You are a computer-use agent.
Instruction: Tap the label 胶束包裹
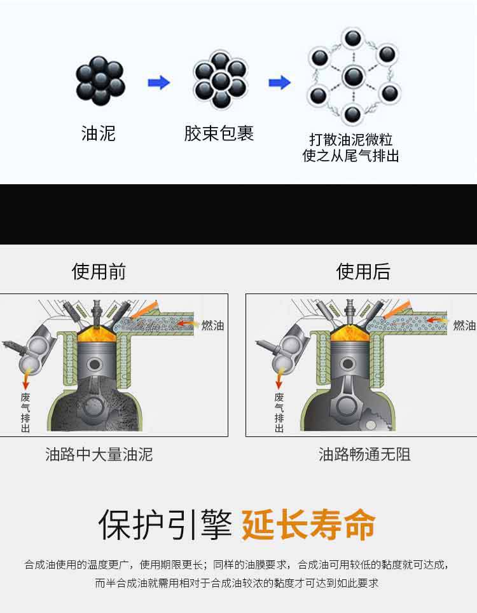point(219,133)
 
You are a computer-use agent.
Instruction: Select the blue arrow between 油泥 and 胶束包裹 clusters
point(158,83)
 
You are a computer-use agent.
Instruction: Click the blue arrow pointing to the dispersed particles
point(279,83)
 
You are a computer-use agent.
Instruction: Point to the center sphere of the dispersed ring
point(354,77)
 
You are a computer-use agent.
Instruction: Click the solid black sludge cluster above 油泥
point(100,81)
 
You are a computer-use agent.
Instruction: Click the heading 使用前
point(99,272)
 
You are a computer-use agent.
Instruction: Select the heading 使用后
point(363,272)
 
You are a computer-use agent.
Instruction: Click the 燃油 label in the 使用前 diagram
point(212,325)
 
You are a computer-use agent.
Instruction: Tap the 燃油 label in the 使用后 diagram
point(464,325)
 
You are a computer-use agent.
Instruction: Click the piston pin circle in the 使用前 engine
point(95,365)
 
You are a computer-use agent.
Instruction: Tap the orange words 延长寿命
point(308,525)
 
